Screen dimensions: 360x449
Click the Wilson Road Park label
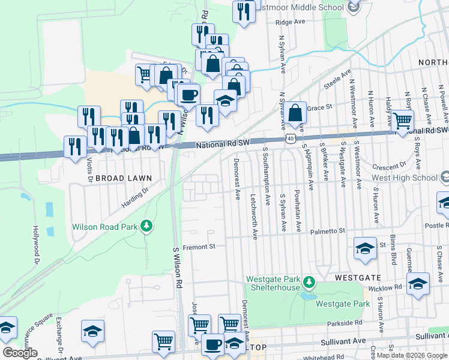(104, 227)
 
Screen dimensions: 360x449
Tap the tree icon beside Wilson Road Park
(146, 226)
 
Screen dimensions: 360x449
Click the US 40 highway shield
(291, 139)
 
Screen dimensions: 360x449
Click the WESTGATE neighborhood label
(358, 278)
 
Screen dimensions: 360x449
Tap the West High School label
(405, 178)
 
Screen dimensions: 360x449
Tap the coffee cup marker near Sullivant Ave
(212, 344)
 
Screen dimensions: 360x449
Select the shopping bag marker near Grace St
(296, 112)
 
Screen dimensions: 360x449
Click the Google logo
(20, 352)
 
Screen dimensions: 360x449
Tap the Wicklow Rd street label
(390, 287)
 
